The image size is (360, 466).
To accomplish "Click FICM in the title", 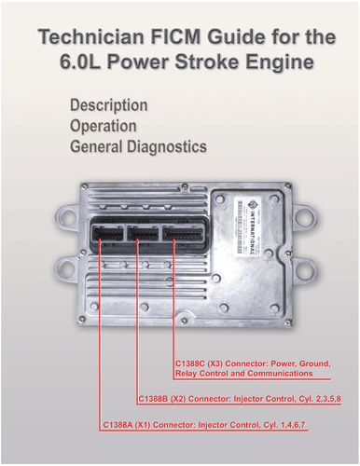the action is (x=178, y=36).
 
